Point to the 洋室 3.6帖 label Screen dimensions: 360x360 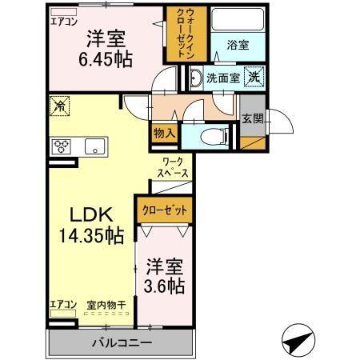click(166, 275)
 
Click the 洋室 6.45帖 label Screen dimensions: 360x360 click(105, 47)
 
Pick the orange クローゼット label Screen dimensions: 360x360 click(165, 209)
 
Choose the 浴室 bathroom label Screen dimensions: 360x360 click(236, 46)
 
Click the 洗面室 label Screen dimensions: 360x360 click(222, 78)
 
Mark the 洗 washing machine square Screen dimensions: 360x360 click(253, 77)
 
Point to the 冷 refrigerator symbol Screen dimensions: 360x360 click(59, 106)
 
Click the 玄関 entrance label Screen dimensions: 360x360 click(252, 118)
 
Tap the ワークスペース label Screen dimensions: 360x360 click(172, 166)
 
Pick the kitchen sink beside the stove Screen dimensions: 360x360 click(94, 146)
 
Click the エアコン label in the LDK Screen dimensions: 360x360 click(63, 305)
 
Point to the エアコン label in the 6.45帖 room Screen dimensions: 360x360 click(64, 22)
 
